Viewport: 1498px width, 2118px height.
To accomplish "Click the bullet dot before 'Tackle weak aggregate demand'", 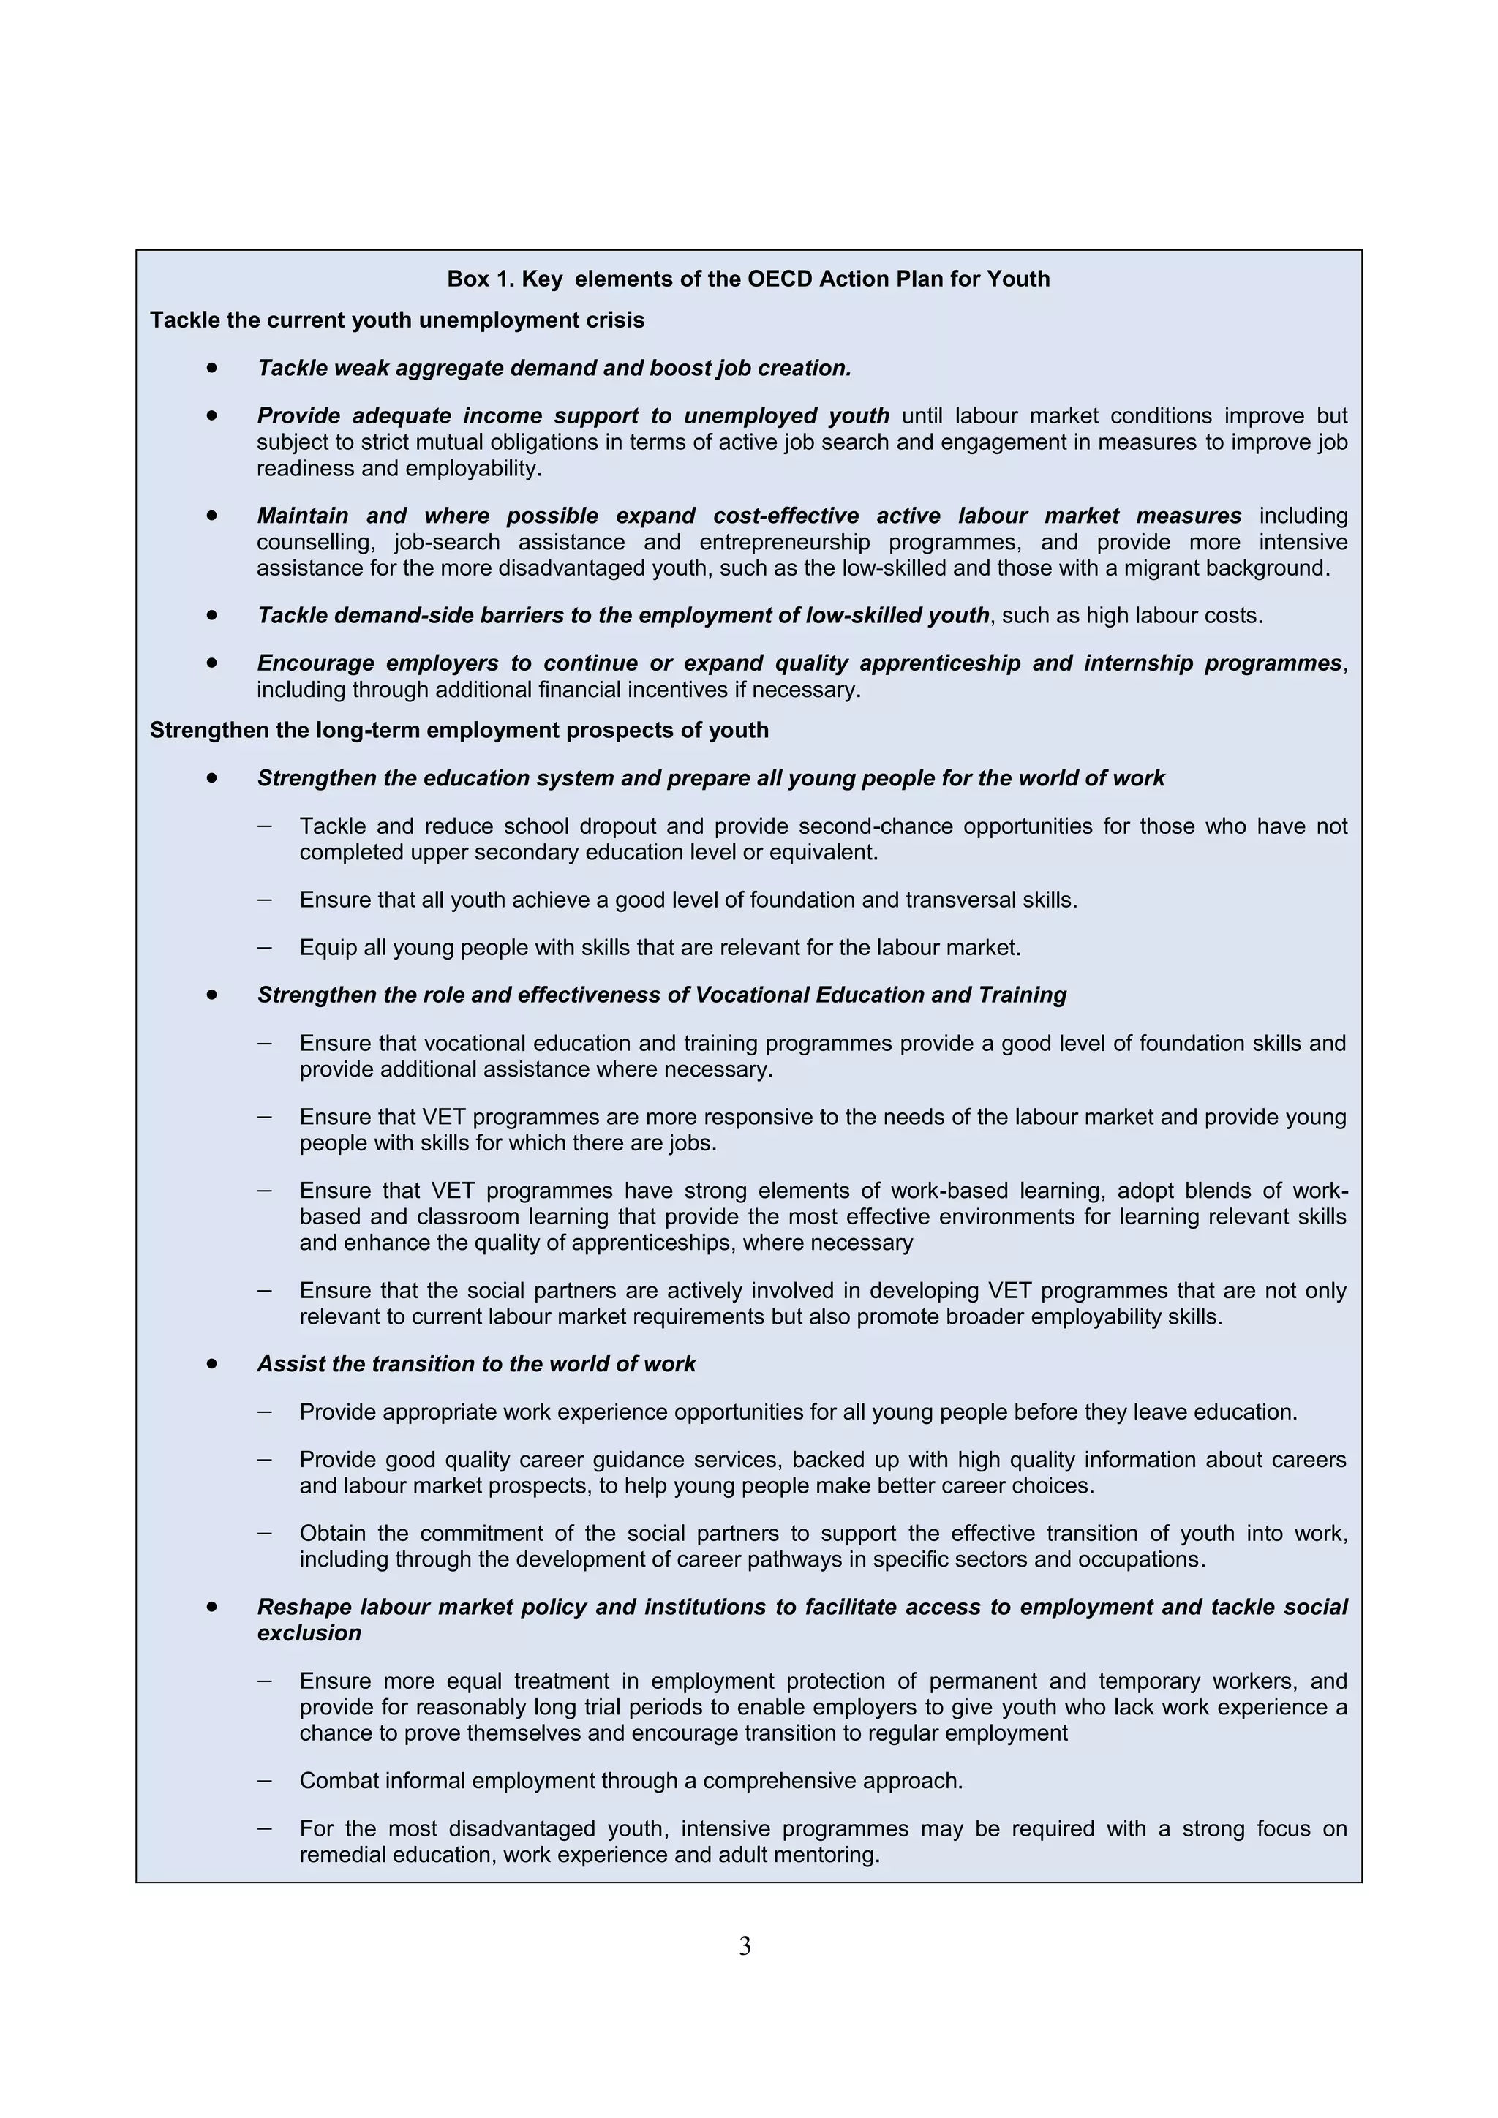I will click(212, 367).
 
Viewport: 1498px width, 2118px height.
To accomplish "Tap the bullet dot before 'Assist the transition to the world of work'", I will click(212, 1363).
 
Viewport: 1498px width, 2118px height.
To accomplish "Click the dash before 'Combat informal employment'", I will click(265, 1779).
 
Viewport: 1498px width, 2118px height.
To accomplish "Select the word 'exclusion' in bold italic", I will click(309, 1633).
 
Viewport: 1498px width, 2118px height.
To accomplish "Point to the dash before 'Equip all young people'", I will click(265, 946).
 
